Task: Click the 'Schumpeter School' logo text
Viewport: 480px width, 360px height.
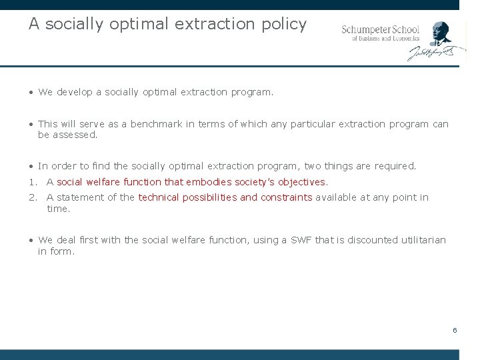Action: tap(381, 29)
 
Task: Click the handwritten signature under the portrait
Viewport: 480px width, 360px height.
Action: tap(431, 53)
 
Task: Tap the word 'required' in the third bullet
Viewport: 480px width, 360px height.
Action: tap(395, 166)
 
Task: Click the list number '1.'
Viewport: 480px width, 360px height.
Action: tap(32, 182)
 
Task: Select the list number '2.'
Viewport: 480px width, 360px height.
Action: tap(32, 197)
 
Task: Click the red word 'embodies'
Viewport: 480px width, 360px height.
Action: tap(209, 182)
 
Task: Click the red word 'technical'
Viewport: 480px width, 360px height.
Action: tap(159, 197)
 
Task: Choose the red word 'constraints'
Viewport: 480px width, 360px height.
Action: tap(286, 197)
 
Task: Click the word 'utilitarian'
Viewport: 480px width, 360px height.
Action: tap(421, 240)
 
